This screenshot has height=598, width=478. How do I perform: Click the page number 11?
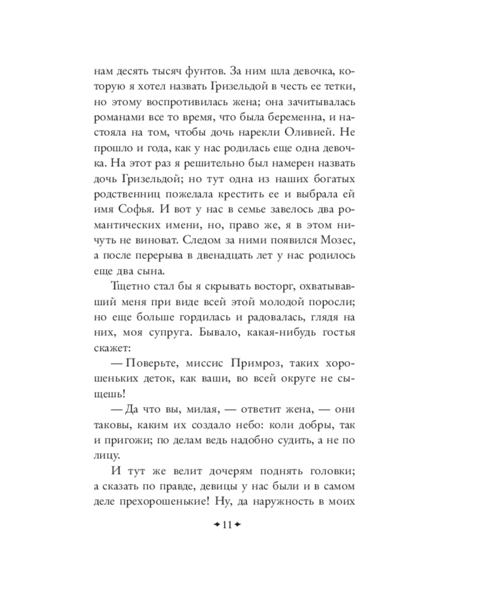226,526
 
